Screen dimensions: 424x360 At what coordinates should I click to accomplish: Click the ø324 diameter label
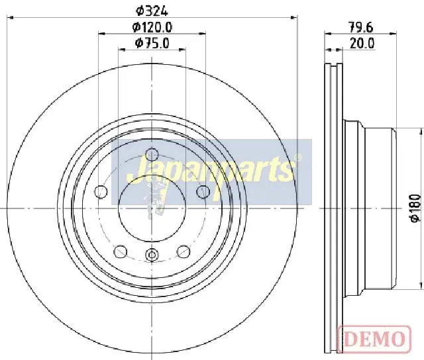(152, 11)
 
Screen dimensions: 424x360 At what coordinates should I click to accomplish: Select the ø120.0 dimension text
(152, 27)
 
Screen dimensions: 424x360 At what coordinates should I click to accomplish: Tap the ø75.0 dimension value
(152, 43)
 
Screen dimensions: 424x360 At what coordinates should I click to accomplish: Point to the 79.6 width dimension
(360, 27)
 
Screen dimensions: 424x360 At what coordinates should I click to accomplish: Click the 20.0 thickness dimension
(362, 43)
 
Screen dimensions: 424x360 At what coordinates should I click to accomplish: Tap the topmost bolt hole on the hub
(152, 154)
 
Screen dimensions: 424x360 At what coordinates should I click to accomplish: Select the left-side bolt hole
(101, 192)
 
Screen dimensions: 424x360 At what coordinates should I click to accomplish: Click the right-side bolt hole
(203, 192)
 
